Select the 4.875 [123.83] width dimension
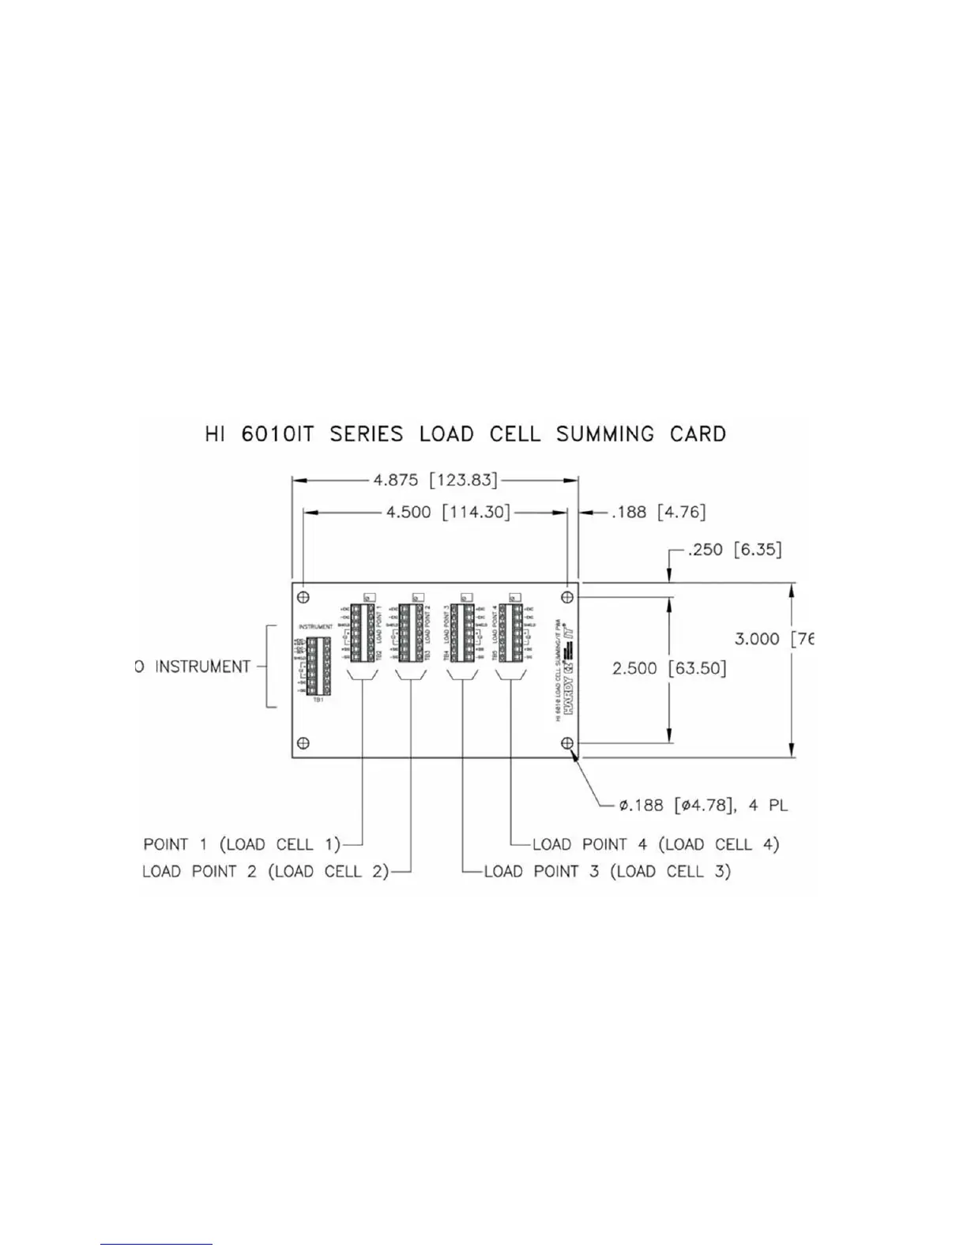435,479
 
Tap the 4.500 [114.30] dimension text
447,513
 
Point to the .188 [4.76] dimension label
658,513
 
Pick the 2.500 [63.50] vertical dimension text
669,669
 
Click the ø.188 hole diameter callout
702,806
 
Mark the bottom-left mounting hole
303,743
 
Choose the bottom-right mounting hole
567,743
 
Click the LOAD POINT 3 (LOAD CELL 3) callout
607,872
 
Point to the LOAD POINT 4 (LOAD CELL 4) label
655,844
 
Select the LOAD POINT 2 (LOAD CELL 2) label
265,872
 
